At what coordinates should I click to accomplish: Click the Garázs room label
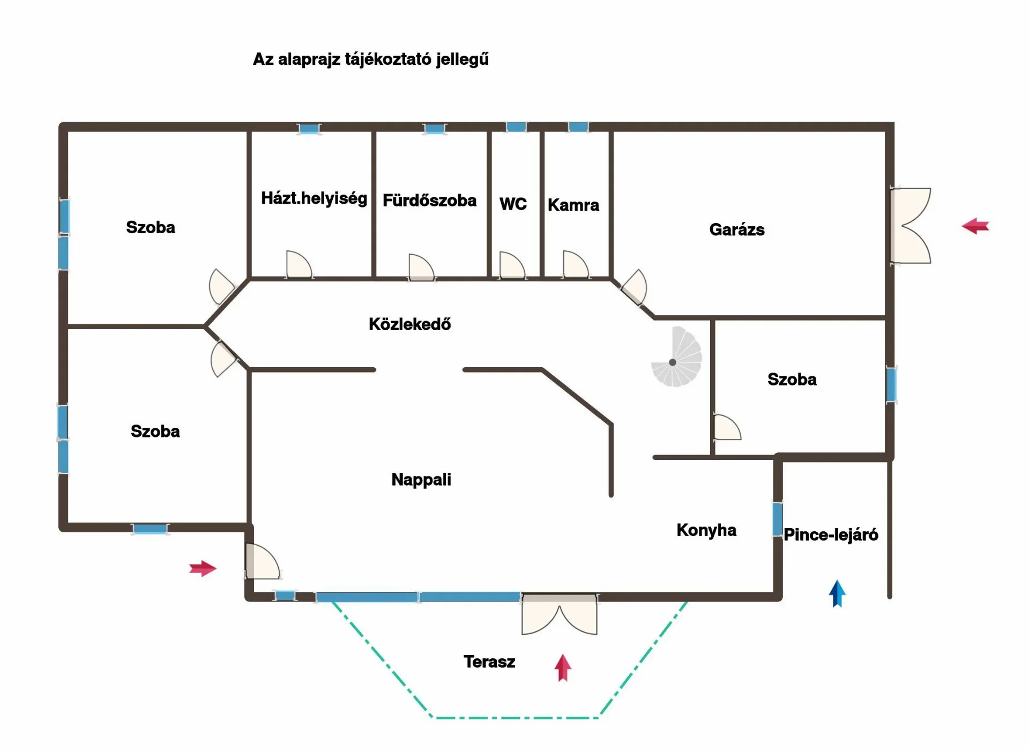[x=737, y=230]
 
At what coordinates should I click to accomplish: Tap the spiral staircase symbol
[x=676, y=356]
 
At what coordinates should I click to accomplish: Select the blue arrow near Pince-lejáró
[x=837, y=593]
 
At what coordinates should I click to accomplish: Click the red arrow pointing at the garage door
[x=975, y=226]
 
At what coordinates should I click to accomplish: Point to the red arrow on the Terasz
[x=563, y=667]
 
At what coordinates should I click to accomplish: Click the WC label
[x=513, y=204]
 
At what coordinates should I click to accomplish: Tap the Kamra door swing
[x=576, y=264]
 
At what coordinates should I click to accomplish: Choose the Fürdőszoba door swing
[x=421, y=267]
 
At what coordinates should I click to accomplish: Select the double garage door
[x=910, y=226]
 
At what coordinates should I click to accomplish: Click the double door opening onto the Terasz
[x=560, y=614]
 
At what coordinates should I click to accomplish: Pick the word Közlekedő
[x=409, y=324]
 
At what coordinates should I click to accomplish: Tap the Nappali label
[x=421, y=480]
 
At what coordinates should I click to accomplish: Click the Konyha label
[x=706, y=530]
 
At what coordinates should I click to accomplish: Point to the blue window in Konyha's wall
[x=777, y=518]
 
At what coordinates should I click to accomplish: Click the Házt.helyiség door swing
[x=299, y=264]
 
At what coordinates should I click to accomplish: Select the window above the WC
[x=516, y=127]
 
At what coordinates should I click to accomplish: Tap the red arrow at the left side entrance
[x=203, y=568]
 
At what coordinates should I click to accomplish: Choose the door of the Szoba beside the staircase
[x=727, y=427]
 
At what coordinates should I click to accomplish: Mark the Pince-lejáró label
[x=831, y=534]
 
